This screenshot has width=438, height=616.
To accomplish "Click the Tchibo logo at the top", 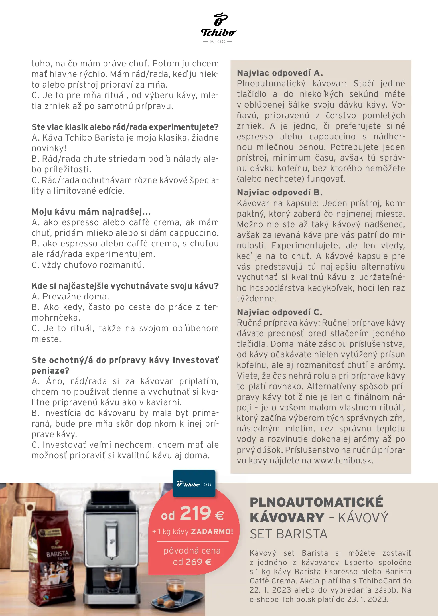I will (x=218, y=25).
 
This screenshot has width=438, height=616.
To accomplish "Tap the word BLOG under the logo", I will (x=218, y=42).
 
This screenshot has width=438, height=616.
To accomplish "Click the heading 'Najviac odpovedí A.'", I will (x=280, y=73).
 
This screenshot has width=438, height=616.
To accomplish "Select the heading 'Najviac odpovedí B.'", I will (x=279, y=193).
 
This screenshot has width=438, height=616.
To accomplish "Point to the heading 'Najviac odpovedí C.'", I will (x=279, y=312).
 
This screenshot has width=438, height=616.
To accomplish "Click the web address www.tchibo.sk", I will (x=343, y=461).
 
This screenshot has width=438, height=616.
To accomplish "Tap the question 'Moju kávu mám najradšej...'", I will (x=91, y=212).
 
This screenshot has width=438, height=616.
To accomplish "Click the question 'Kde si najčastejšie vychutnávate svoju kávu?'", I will (x=125, y=286).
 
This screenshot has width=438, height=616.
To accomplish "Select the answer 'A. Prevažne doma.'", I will (x=70, y=297).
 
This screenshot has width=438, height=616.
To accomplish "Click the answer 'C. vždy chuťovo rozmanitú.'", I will (x=88, y=265).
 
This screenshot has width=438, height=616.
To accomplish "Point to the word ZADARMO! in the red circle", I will (x=212, y=532).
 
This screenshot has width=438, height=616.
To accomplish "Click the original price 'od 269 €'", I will (x=192, y=562).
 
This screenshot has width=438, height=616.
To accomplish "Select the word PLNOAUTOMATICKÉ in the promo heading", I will (x=316, y=502).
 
